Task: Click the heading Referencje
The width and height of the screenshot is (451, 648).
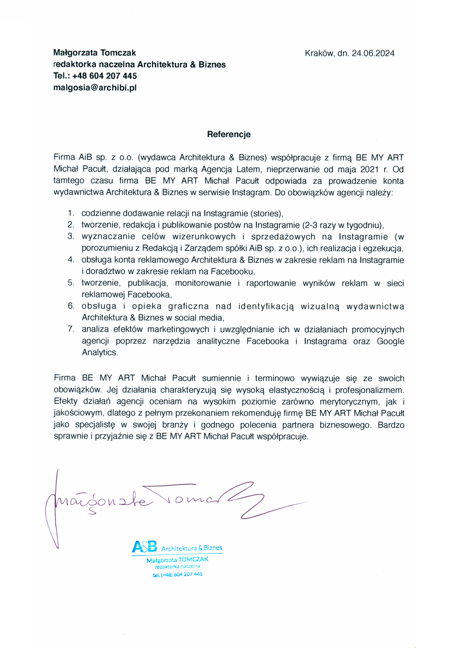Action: [x=229, y=134]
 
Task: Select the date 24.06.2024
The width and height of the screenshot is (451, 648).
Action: [x=373, y=53]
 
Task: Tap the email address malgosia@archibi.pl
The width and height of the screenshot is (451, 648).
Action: [x=95, y=88]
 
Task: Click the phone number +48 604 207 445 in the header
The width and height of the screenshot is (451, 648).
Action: [x=105, y=76]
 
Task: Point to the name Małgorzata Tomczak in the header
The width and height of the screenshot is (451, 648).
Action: [x=95, y=53]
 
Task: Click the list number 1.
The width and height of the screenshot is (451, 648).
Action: [x=71, y=213]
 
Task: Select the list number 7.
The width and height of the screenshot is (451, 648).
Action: [x=71, y=329]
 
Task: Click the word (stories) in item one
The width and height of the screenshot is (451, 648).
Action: [x=267, y=213]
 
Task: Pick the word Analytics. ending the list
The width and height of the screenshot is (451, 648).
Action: [x=100, y=352]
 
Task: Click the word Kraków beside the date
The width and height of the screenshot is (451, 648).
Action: [x=319, y=53]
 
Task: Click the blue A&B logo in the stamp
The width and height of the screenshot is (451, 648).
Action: [x=144, y=547]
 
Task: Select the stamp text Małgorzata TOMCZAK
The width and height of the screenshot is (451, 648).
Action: [x=177, y=560]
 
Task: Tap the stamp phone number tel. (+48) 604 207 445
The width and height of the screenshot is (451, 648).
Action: [x=178, y=574]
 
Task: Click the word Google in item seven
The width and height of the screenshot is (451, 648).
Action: [x=390, y=341]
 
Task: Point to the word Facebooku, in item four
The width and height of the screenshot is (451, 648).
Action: [x=233, y=272]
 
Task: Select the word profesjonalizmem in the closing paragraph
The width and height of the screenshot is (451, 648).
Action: [x=369, y=390]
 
